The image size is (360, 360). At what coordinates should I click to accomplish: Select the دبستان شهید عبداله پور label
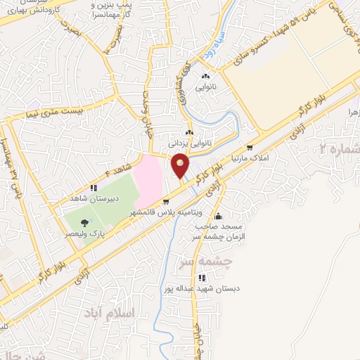click(x=184, y=288)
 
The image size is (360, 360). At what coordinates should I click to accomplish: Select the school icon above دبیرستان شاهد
click(x=94, y=188)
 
